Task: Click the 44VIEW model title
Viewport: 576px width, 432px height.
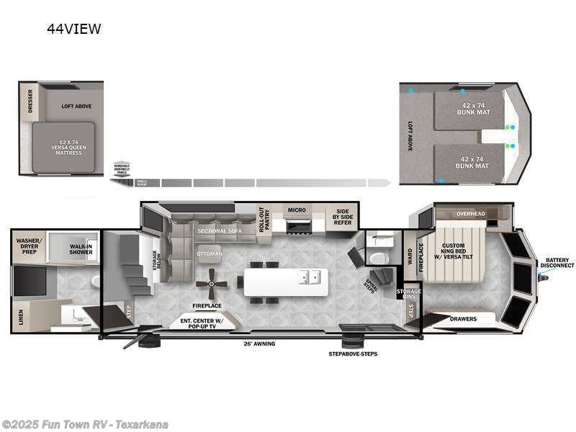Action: coord(74,30)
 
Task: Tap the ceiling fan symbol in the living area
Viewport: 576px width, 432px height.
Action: coord(212,284)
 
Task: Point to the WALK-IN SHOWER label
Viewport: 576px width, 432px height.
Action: coord(81,251)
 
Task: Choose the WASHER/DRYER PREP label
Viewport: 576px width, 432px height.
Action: coord(30,245)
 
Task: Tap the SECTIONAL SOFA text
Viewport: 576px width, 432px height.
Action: coord(218,230)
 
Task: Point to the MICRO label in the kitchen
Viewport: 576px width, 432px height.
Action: coord(297,210)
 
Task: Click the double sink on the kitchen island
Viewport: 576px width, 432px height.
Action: coord(311,276)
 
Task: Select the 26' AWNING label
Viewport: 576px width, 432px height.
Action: coord(259,343)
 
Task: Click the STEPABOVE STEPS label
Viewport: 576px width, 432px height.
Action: coord(353,354)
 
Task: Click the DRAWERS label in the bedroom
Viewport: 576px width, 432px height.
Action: coord(463,318)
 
